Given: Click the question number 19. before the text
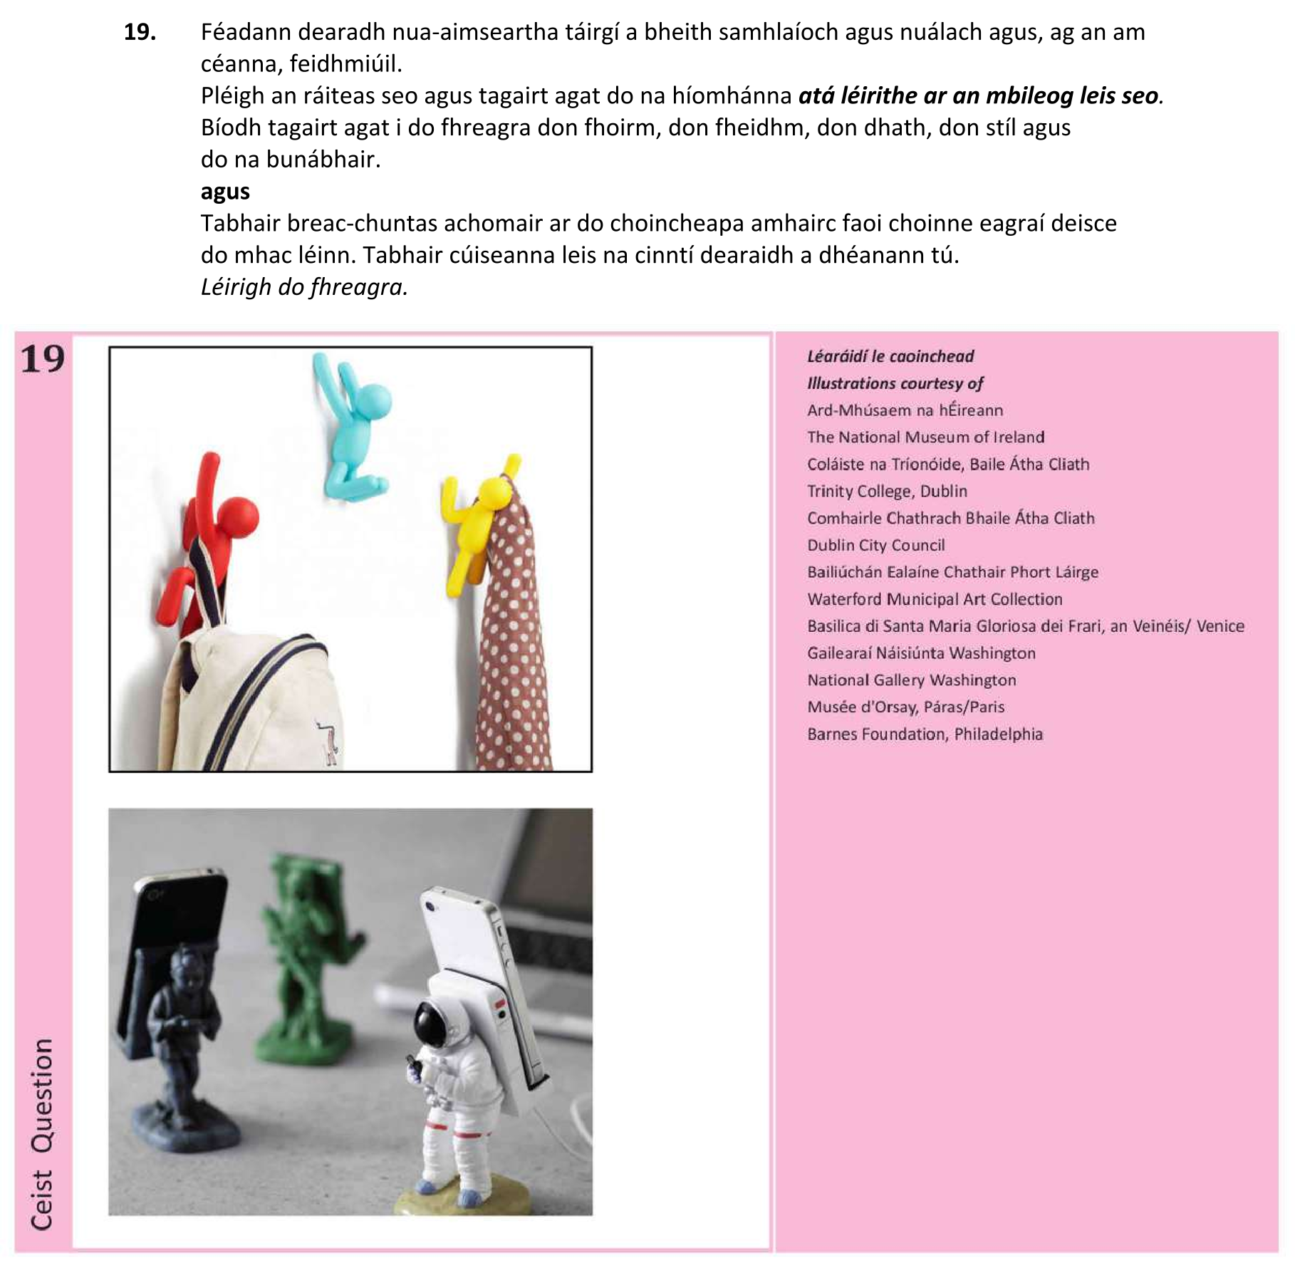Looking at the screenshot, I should coord(140,33).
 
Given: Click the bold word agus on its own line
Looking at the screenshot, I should coord(225,192).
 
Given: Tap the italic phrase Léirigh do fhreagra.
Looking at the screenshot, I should coord(304,287).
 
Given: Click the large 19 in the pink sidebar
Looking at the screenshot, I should coord(43,360).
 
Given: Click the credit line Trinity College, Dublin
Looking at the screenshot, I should coord(887,492).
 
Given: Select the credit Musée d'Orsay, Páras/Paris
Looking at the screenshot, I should coord(905,707).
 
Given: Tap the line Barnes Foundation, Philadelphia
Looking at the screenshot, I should coord(925,734).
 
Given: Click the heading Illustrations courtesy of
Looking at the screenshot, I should coord(895,384).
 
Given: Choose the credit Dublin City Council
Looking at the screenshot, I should coord(875,546).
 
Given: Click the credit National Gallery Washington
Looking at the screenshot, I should coord(911,680).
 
